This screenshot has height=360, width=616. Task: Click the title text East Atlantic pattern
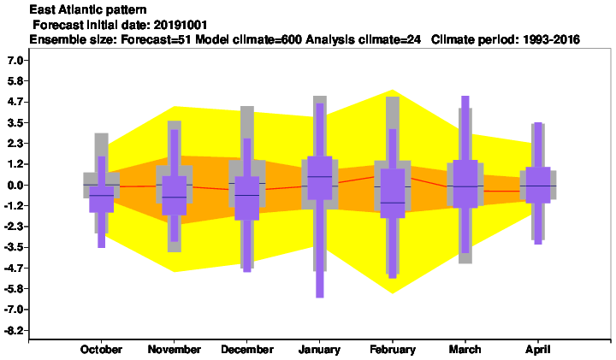point(88,9)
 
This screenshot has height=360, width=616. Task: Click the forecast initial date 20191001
point(181,25)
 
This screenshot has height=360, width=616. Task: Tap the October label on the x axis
point(101,350)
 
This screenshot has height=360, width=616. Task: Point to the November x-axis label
point(174,350)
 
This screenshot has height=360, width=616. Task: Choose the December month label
point(247,350)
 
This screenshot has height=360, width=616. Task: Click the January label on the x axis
point(319,350)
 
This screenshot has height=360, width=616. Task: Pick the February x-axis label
point(393,350)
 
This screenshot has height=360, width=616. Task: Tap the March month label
point(465,350)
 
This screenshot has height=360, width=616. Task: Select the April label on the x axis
point(538,350)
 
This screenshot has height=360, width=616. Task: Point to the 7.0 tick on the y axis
point(15,61)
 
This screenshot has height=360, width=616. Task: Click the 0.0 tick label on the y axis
point(15,186)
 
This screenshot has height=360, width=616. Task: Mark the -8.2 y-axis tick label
point(14,331)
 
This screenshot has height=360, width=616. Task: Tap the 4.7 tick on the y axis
point(15,102)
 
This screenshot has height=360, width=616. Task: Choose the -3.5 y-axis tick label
point(14,248)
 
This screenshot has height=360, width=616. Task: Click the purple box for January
point(320,178)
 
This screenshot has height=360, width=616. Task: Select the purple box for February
point(393,193)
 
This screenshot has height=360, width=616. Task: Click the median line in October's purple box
point(101,195)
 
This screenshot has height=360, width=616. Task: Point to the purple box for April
point(538,185)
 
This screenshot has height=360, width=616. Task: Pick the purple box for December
point(247,198)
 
